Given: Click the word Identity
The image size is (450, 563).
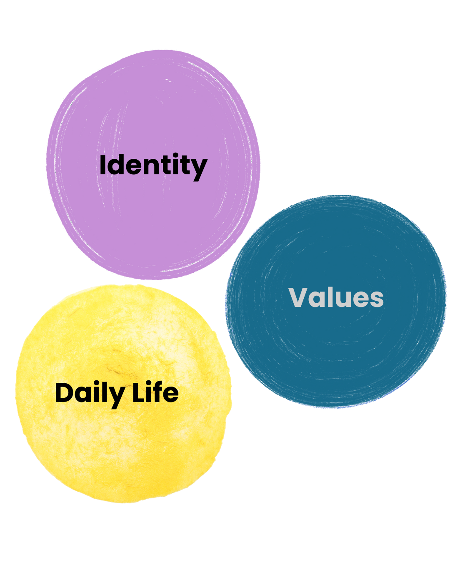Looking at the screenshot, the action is pyautogui.click(x=153, y=165).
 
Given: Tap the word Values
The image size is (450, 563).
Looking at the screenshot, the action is pyautogui.click(x=336, y=297).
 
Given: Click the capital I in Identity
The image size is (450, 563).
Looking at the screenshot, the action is pyautogui.click(x=102, y=165).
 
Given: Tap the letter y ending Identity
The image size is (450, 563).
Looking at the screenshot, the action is pyautogui.click(x=200, y=168).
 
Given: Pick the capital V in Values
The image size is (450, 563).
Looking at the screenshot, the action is pyautogui.click(x=298, y=297).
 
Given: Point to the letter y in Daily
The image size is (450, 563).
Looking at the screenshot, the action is pyautogui.click(x=117, y=396).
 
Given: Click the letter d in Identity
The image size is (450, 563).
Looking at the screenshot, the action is pyautogui.click(x=116, y=165).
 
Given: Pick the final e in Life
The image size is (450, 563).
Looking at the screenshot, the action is pyautogui.click(x=171, y=395).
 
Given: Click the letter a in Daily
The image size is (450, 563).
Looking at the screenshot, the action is pyautogui.click(x=83, y=395).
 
